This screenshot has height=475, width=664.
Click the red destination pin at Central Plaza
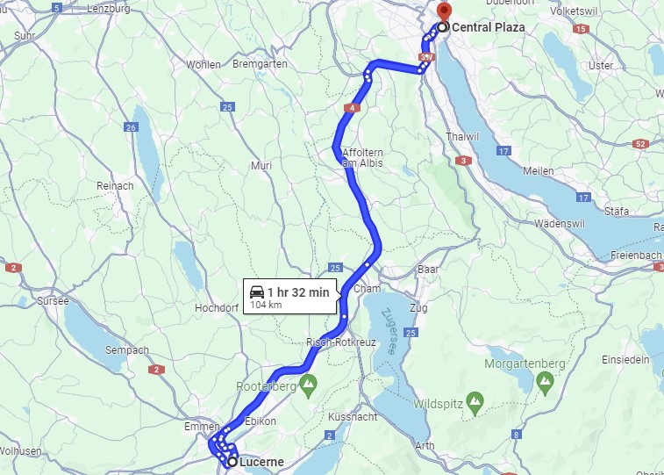[x=443, y=11]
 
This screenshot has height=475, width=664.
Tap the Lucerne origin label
[x=260, y=462]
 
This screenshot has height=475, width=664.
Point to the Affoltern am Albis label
[x=363, y=158]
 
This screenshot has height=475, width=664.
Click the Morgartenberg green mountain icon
[x=545, y=381]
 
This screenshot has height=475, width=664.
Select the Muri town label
[x=261, y=165]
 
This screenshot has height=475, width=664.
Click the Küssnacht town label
[x=352, y=416]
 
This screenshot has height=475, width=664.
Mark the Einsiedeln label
[x=625, y=359]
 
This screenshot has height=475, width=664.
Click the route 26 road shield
[x=132, y=126]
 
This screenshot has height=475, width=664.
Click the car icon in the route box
[x=257, y=291]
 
